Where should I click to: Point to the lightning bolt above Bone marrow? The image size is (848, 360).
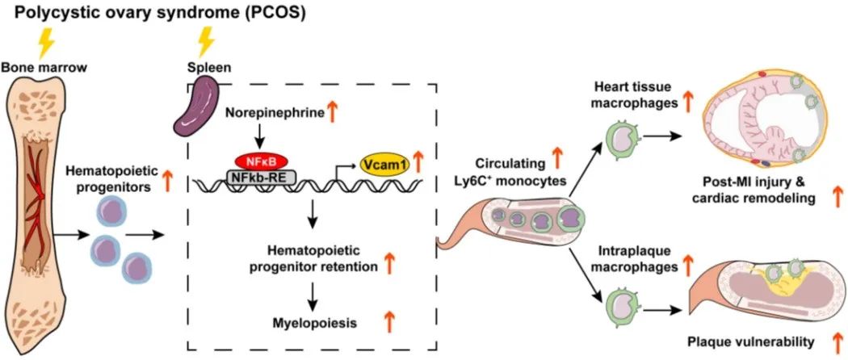tap(47, 43)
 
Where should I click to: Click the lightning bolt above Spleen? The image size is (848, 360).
tap(206, 42)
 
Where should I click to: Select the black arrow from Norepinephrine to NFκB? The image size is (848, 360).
tap(259, 136)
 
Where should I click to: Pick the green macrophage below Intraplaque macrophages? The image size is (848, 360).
tap(617, 307)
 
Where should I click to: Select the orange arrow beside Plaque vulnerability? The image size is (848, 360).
tap(836, 341)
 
